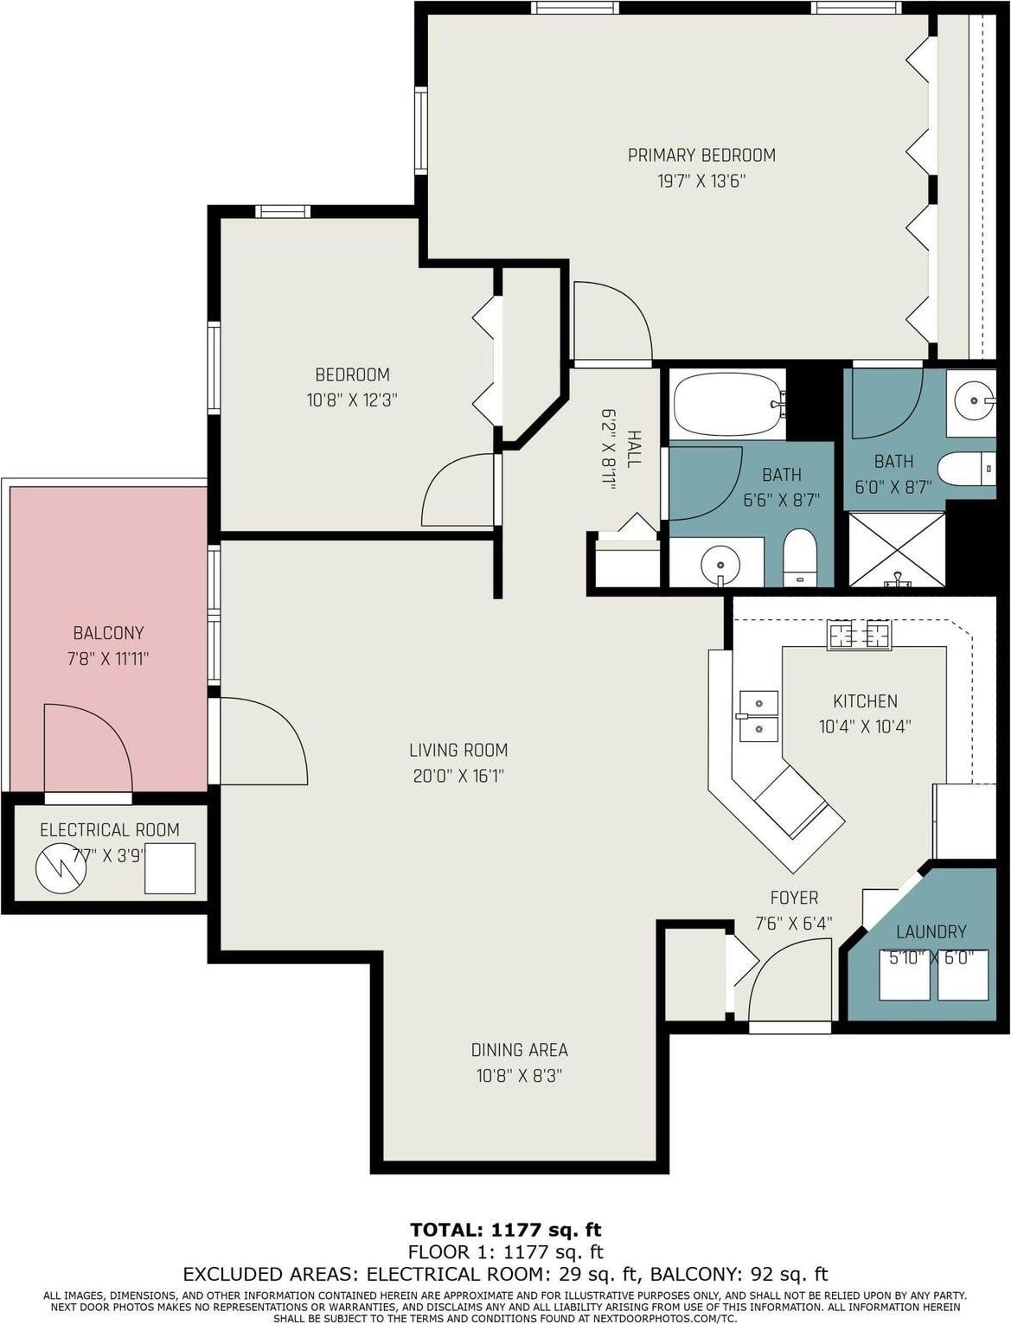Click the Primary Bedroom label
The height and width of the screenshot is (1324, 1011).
coord(701,156)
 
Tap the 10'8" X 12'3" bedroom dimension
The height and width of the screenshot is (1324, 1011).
coord(352,400)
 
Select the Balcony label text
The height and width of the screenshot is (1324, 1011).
coord(109,633)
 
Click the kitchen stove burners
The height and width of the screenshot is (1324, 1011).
coord(860,635)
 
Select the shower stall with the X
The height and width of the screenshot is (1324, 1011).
coord(896,549)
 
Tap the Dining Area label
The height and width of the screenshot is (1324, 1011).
coord(520,1050)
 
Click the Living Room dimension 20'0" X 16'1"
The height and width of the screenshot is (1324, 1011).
coord(458,776)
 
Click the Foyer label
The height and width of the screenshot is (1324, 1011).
coord(795,899)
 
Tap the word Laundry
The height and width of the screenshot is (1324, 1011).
coord(931,932)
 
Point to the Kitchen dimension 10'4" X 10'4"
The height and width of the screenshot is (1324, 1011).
coord(865,726)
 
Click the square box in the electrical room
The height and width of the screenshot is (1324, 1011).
coord(170,868)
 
